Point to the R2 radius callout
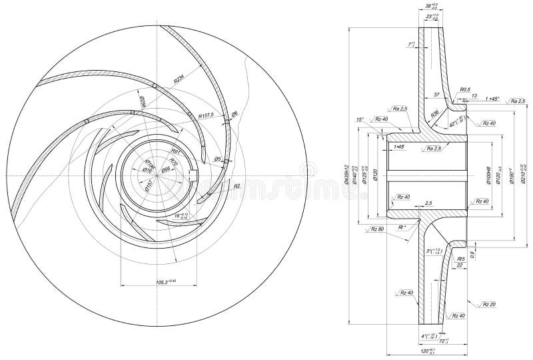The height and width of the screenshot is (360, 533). coord(236,187)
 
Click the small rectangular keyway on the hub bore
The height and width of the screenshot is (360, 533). coord(194,176)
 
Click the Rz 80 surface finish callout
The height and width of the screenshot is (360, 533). coord(376,229)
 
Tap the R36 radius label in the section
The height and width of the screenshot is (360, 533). coord(434,114)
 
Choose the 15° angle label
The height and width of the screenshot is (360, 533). coord(361,120)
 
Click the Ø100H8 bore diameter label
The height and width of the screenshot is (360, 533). coord(488,175)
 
